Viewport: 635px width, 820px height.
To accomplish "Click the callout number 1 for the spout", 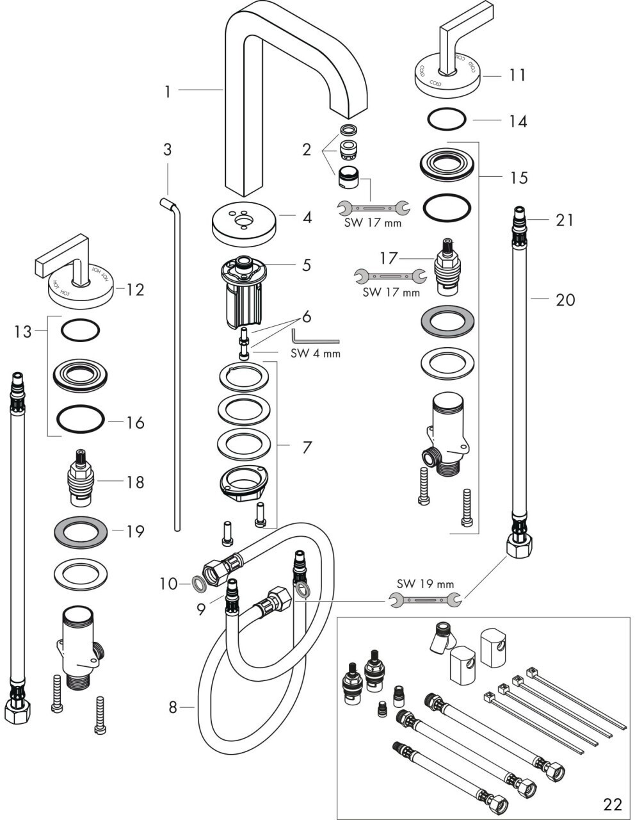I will coord(167,92).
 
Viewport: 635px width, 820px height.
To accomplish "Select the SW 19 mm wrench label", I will coord(425,584).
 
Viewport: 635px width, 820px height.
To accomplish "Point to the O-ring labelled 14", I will coord(446,119).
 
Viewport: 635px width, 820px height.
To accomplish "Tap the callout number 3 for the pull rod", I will coord(167,150).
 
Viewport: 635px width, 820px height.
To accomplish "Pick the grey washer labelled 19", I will coord(80,531).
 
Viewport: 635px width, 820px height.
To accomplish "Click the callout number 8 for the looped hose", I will coord(172,707).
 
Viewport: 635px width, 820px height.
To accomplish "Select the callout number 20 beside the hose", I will coord(565,299).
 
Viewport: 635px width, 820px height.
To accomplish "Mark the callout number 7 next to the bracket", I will coord(307,447).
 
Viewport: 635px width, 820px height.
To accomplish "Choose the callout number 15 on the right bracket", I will coord(518,177).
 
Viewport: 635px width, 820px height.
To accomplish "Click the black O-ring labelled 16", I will coord(80,420).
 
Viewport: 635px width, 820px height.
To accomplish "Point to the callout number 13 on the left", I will coord(23,331).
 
